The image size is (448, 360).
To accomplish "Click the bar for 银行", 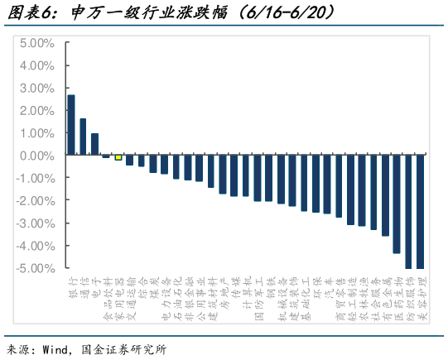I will (71, 125).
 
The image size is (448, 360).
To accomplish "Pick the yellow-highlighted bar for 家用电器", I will (118, 157).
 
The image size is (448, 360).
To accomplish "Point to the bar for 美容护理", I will (420, 211).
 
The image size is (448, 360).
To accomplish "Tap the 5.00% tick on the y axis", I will (37, 42).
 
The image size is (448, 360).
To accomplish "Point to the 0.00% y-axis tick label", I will (37, 155).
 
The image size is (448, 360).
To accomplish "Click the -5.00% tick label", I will (36, 267).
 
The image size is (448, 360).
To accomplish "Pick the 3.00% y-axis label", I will (37, 88).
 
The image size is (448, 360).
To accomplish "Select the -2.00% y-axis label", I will (36, 200).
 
